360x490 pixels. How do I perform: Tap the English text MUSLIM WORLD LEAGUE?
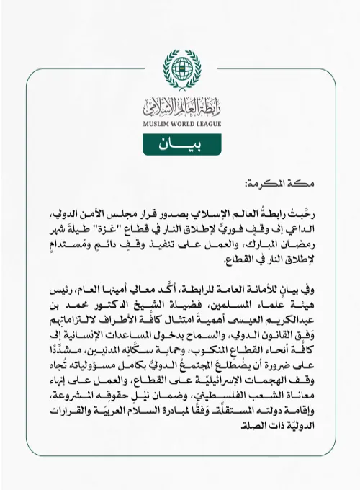(180, 123)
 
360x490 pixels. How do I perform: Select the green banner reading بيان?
(180, 143)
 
